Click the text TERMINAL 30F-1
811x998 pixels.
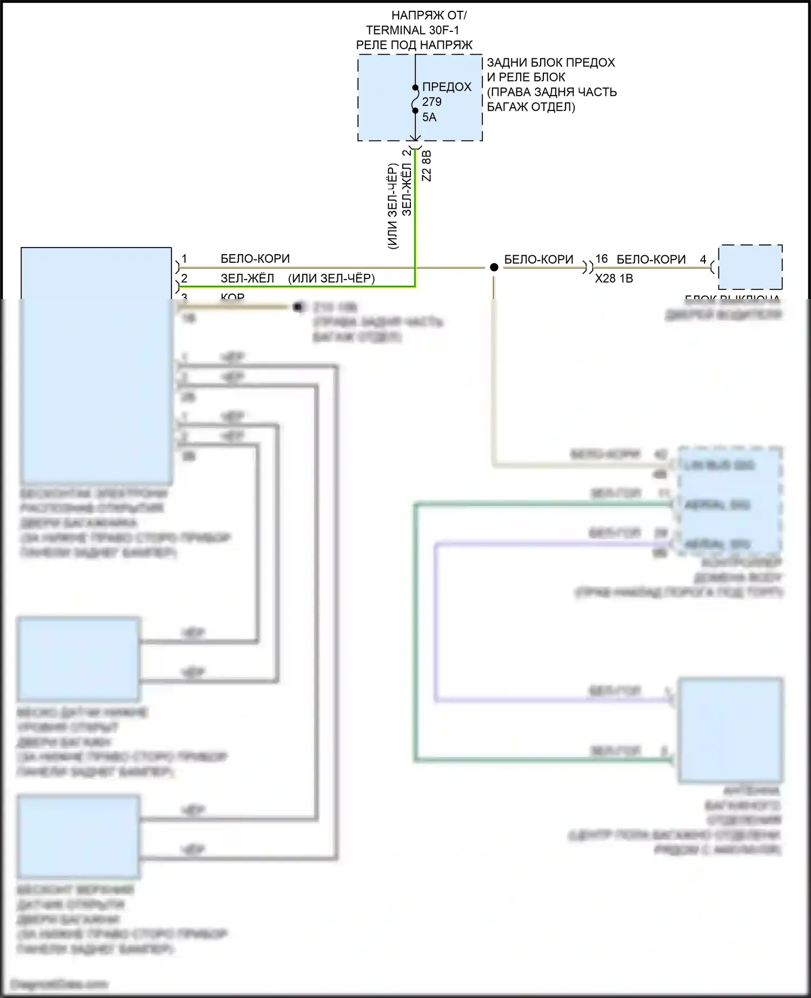click(x=413, y=30)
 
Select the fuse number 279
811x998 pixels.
click(x=431, y=102)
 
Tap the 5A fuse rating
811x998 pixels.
click(x=429, y=117)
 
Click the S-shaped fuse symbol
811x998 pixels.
click(x=415, y=99)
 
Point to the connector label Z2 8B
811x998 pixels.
click(x=427, y=166)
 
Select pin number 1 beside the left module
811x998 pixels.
click(x=184, y=259)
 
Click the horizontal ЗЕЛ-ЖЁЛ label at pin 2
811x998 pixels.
click(x=247, y=278)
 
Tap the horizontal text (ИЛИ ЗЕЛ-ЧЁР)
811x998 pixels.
click(x=331, y=278)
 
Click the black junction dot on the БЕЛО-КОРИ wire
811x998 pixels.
click(x=494, y=267)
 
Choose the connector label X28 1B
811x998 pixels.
click(x=614, y=278)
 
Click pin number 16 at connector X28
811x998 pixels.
click(x=601, y=259)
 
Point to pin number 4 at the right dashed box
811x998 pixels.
click(x=703, y=259)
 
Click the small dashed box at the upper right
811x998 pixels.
click(x=750, y=267)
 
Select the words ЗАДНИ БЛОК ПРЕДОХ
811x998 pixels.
click(x=551, y=63)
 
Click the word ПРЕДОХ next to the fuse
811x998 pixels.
click(x=447, y=87)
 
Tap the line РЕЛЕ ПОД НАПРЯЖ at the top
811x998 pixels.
click(x=414, y=45)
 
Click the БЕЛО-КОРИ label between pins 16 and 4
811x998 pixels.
click(x=651, y=260)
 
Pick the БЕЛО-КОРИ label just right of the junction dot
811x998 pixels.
click(x=539, y=260)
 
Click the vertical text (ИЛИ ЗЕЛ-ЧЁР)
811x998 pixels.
click(x=393, y=206)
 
